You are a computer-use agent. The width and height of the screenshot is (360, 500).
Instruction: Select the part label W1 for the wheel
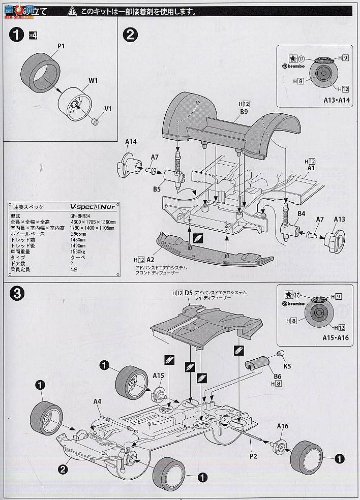coord(95,80)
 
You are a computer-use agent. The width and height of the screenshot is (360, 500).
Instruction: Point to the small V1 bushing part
coord(94,121)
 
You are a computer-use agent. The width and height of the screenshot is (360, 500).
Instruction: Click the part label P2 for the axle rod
coord(253,456)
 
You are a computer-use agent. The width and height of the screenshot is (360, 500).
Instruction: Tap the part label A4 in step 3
coord(98,401)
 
